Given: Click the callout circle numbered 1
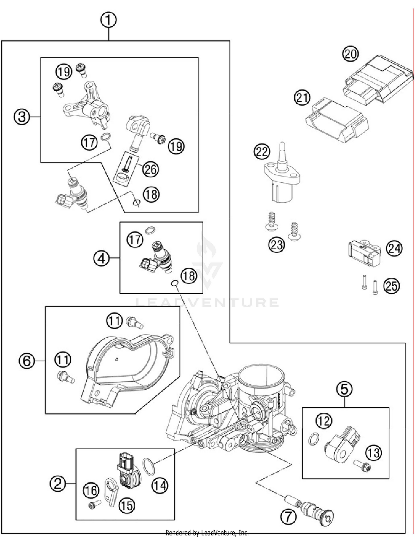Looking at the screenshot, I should pos(108,20).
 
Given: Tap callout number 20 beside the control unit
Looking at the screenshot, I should pos(350,54).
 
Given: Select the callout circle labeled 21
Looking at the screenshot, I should pos(302,98).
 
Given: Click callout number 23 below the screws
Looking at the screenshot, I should pos(276,245).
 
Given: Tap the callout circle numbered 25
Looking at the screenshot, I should pos(391,286).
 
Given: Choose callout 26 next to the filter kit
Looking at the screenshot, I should pos(151,169).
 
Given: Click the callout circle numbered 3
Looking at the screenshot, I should pos(22,117).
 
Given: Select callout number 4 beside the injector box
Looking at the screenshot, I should pos(101,259).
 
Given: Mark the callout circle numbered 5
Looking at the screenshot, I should pos(344,389).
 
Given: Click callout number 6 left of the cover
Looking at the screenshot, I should pos(27,361).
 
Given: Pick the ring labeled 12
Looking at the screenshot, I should pos(313,439).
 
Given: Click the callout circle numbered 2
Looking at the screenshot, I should pos(58,484).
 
